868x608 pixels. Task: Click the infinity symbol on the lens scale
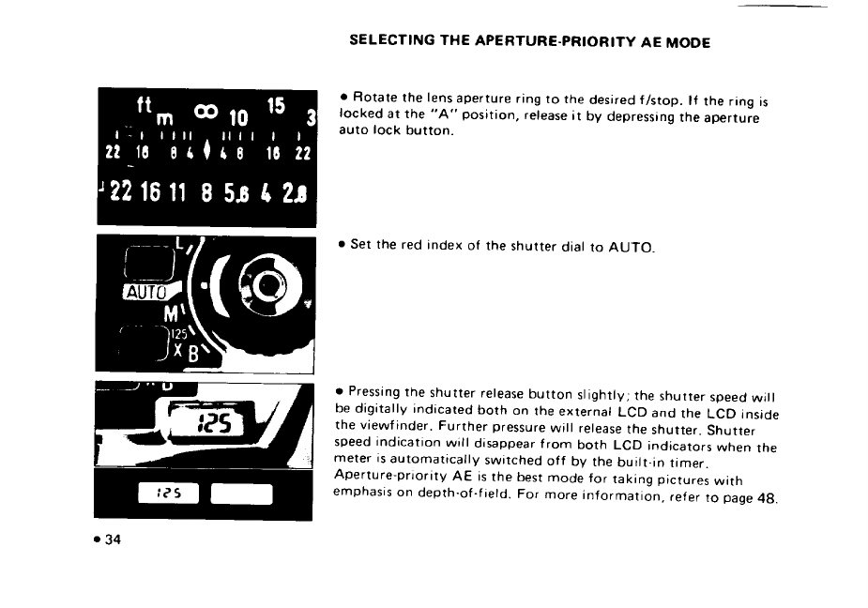[x=206, y=112]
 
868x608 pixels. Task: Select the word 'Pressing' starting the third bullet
[x=374, y=389]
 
